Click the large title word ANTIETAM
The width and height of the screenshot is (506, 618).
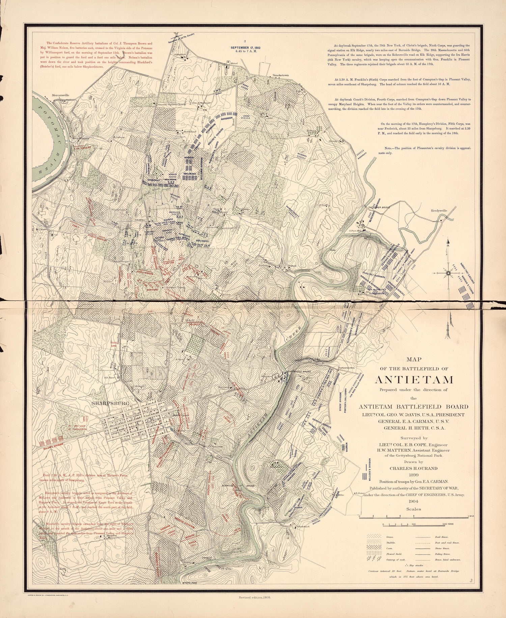tap(414, 380)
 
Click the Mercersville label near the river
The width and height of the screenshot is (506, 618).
tap(60, 95)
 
